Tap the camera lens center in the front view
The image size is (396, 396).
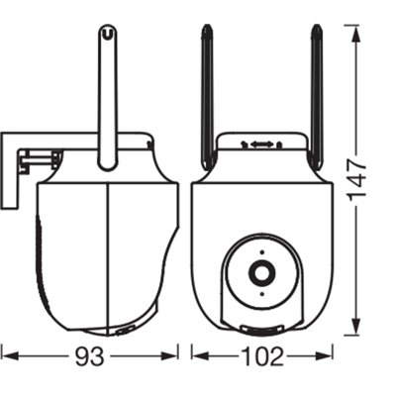tap(261, 273)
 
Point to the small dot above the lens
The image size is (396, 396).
tap(261, 252)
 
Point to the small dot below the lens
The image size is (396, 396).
tap(261, 294)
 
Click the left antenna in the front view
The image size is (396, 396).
tap(208, 97)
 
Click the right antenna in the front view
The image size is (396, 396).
tap(316, 97)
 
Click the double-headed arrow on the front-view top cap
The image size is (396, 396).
tap(261, 144)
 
